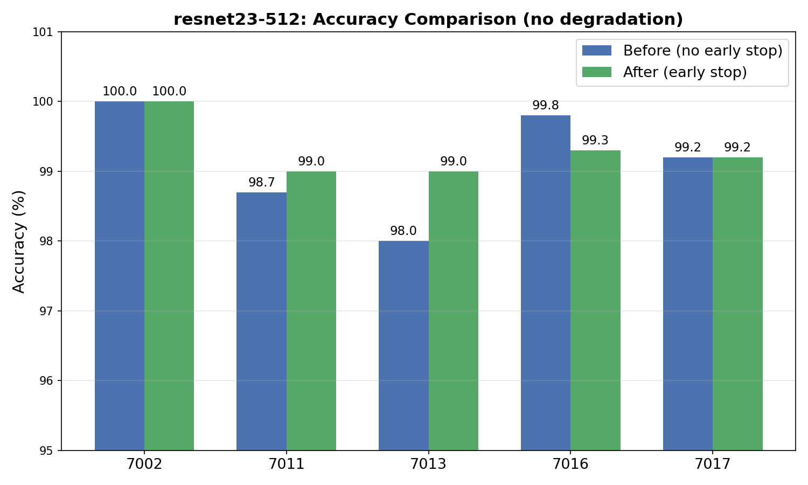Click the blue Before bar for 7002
(120, 276)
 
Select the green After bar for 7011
(311, 311)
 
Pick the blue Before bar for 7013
(403, 346)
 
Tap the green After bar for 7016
(596, 301)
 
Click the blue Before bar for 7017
(688, 304)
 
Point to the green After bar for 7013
(454, 311)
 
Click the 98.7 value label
(261, 183)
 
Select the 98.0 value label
(403, 231)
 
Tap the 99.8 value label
(545, 106)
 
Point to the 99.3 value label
(595, 140)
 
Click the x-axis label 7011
(287, 464)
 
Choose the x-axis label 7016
(570, 464)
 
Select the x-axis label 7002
(145, 464)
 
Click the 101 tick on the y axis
(43, 32)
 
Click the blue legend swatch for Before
(597, 51)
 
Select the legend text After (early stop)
(685, 72)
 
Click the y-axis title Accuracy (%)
(19, 242)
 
